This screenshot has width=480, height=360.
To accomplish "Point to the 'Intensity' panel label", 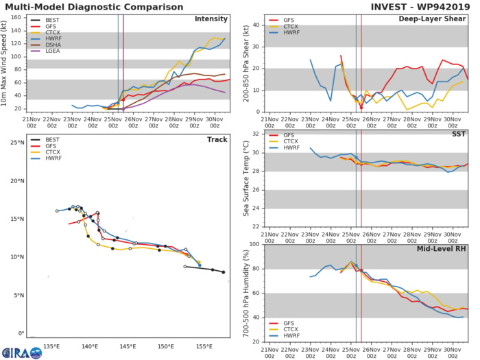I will (x=213, y=19).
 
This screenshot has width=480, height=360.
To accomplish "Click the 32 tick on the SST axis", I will (x=257, y=134).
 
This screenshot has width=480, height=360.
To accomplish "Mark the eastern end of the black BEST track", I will (x=223, y=272).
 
